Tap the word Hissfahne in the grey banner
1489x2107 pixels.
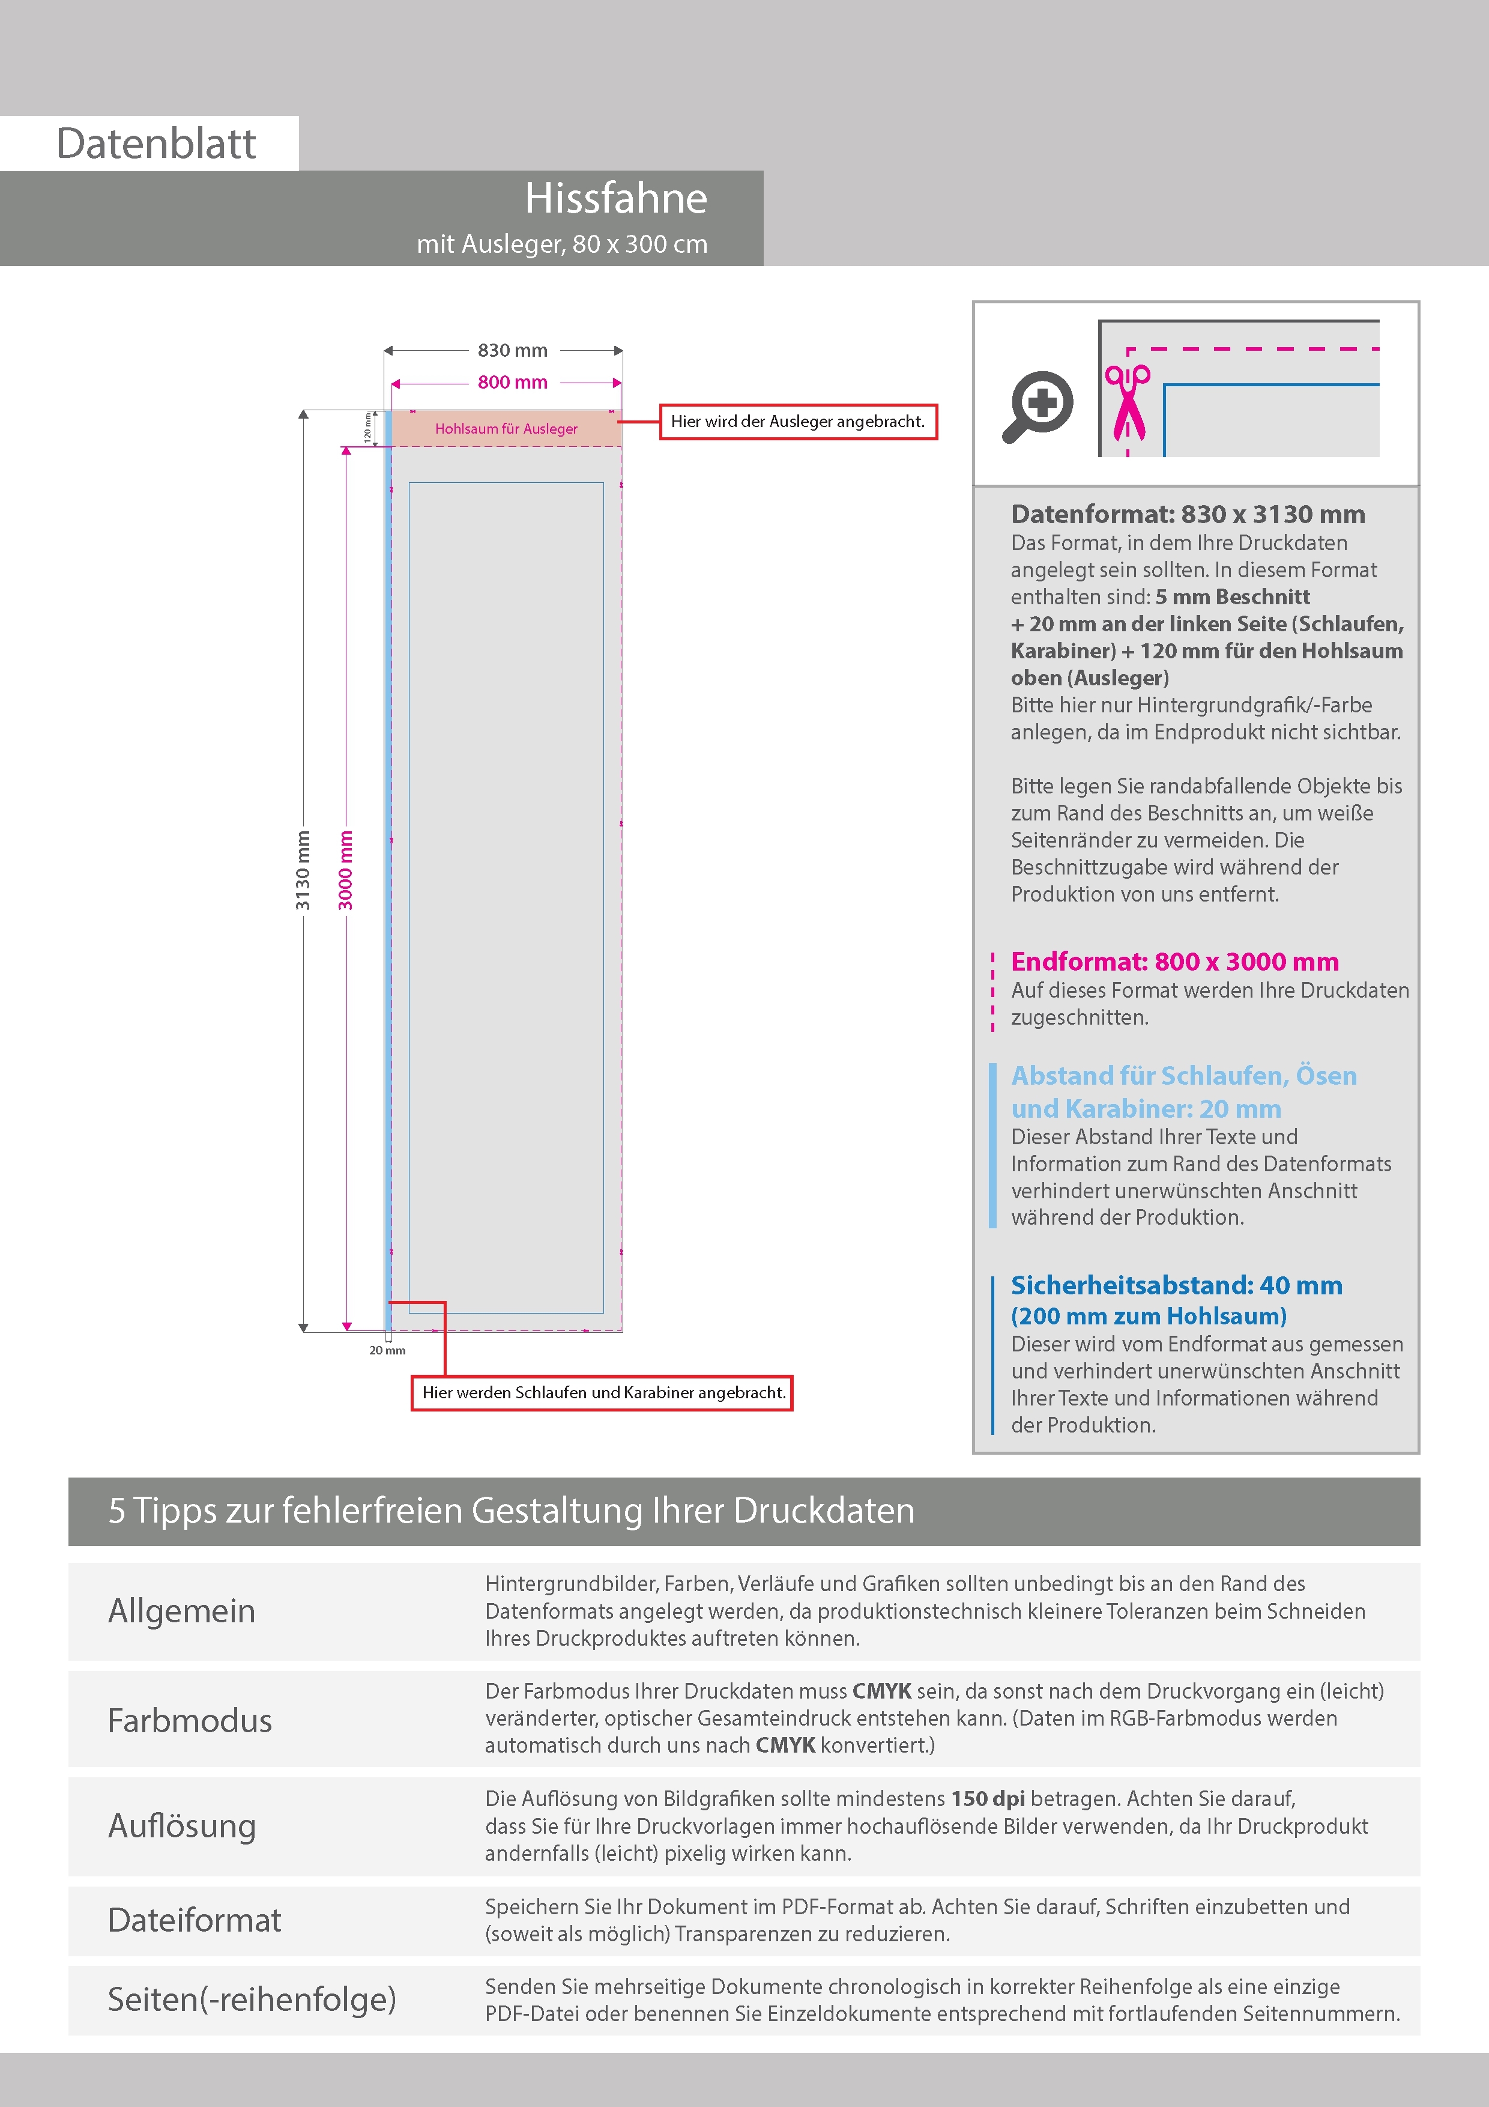[x=615, y=198]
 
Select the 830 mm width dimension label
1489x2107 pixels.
[x=512, y=351]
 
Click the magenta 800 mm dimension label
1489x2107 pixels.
[x=512, y=383]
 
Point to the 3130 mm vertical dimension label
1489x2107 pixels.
[x=303, y=870]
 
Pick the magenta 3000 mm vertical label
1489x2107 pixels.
[x=346, y=870]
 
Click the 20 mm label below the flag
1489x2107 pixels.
[x=387, y=1350]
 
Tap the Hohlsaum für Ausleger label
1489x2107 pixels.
[x=506, y=429]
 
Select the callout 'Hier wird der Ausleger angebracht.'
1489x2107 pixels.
[x=798, y=422]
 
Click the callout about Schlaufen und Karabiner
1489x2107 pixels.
[x=603, y=1392]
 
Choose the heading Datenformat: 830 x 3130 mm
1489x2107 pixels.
[x=1187, y=514]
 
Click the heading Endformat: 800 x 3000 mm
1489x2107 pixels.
[x=1174, y=962]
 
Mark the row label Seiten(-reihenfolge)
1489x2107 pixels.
[x=252, y=1999]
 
